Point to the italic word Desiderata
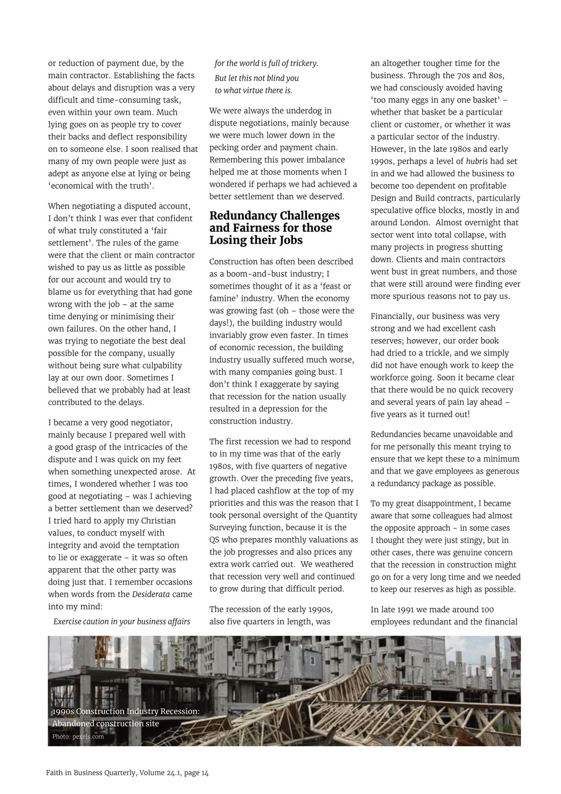coord(152,594)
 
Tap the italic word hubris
coord(476,162)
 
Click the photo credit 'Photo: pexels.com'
coord(78,737)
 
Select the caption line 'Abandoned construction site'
coord(106,724)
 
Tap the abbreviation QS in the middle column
coord(215,540)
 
